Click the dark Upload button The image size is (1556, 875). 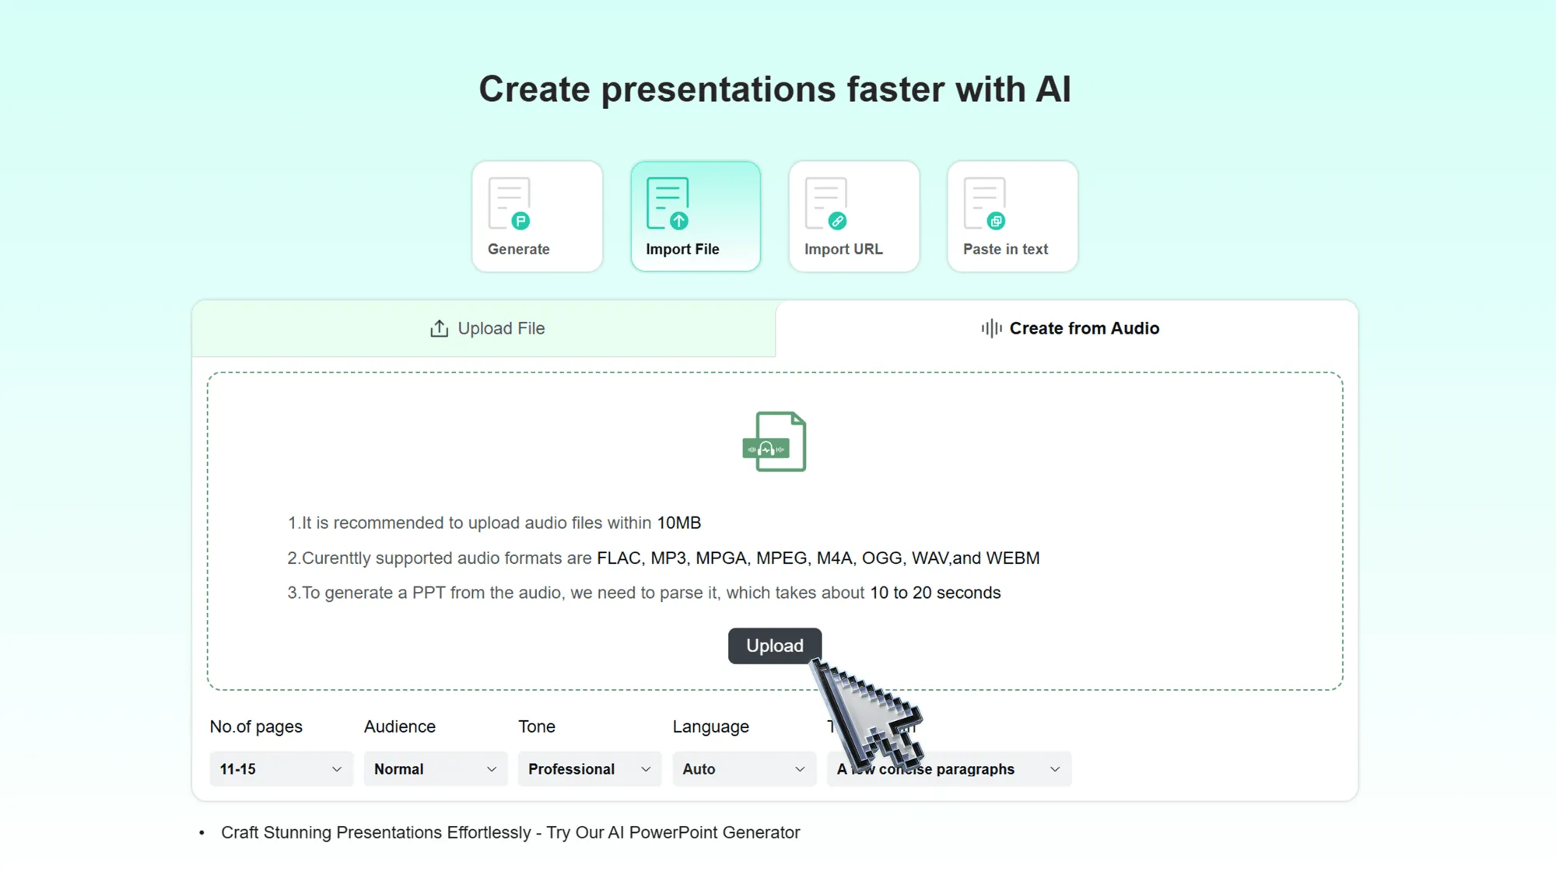point(774,646)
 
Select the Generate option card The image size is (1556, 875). point(537,216)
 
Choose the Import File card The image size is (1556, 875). point(696,216)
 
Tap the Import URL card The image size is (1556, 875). point(853,216)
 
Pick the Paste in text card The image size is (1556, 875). point(1012,216)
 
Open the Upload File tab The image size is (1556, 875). point(487,328)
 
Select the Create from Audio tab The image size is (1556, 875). point(1069,328)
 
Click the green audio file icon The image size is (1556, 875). point(775,442)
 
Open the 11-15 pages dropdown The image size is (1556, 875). point(281,768)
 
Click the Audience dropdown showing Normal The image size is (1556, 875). point(435,768)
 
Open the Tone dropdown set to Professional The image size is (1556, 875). point(589,768)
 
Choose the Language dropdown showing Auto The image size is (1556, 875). point(744,768)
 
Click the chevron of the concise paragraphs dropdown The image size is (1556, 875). point(1055,769)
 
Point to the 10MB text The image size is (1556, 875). point(678,523)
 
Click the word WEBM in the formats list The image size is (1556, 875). point(1012,558)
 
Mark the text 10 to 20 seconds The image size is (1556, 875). point(935,593)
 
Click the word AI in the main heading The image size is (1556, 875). point(1053,89)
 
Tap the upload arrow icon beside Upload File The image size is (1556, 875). point(440,328)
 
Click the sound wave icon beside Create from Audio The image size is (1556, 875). point(991,328)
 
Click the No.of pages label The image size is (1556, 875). point(256,726)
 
